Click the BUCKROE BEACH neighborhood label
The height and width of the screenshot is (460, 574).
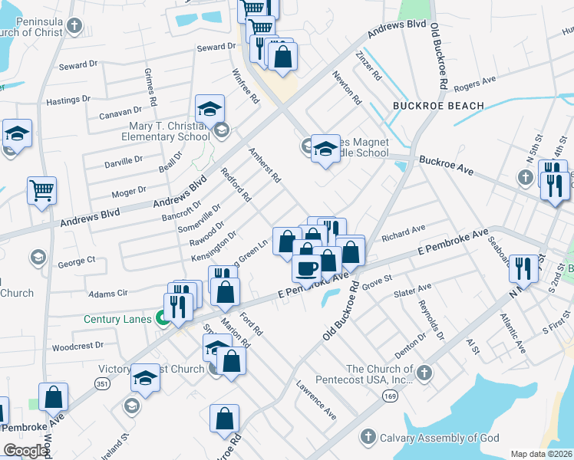[438, 106]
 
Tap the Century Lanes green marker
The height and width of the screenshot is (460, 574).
[163, 317]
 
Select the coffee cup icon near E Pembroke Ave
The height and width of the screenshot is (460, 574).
[306, 268]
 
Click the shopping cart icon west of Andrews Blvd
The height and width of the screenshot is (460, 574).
[41, 189]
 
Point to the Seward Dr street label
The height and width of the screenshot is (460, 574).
[216, 48]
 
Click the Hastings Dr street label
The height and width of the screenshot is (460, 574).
[68, 100]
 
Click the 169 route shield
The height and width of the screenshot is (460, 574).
[391, 395]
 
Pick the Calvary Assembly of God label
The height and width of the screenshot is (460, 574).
[440, 438]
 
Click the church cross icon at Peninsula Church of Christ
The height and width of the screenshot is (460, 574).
[74, 27]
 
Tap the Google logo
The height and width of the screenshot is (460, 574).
[25, 451]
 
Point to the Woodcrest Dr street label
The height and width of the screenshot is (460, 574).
[78, 346]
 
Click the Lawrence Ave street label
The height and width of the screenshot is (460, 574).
[317, 399]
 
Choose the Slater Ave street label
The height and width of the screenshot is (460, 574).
[412, 289]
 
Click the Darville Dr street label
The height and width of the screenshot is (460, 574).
[124, 161]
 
